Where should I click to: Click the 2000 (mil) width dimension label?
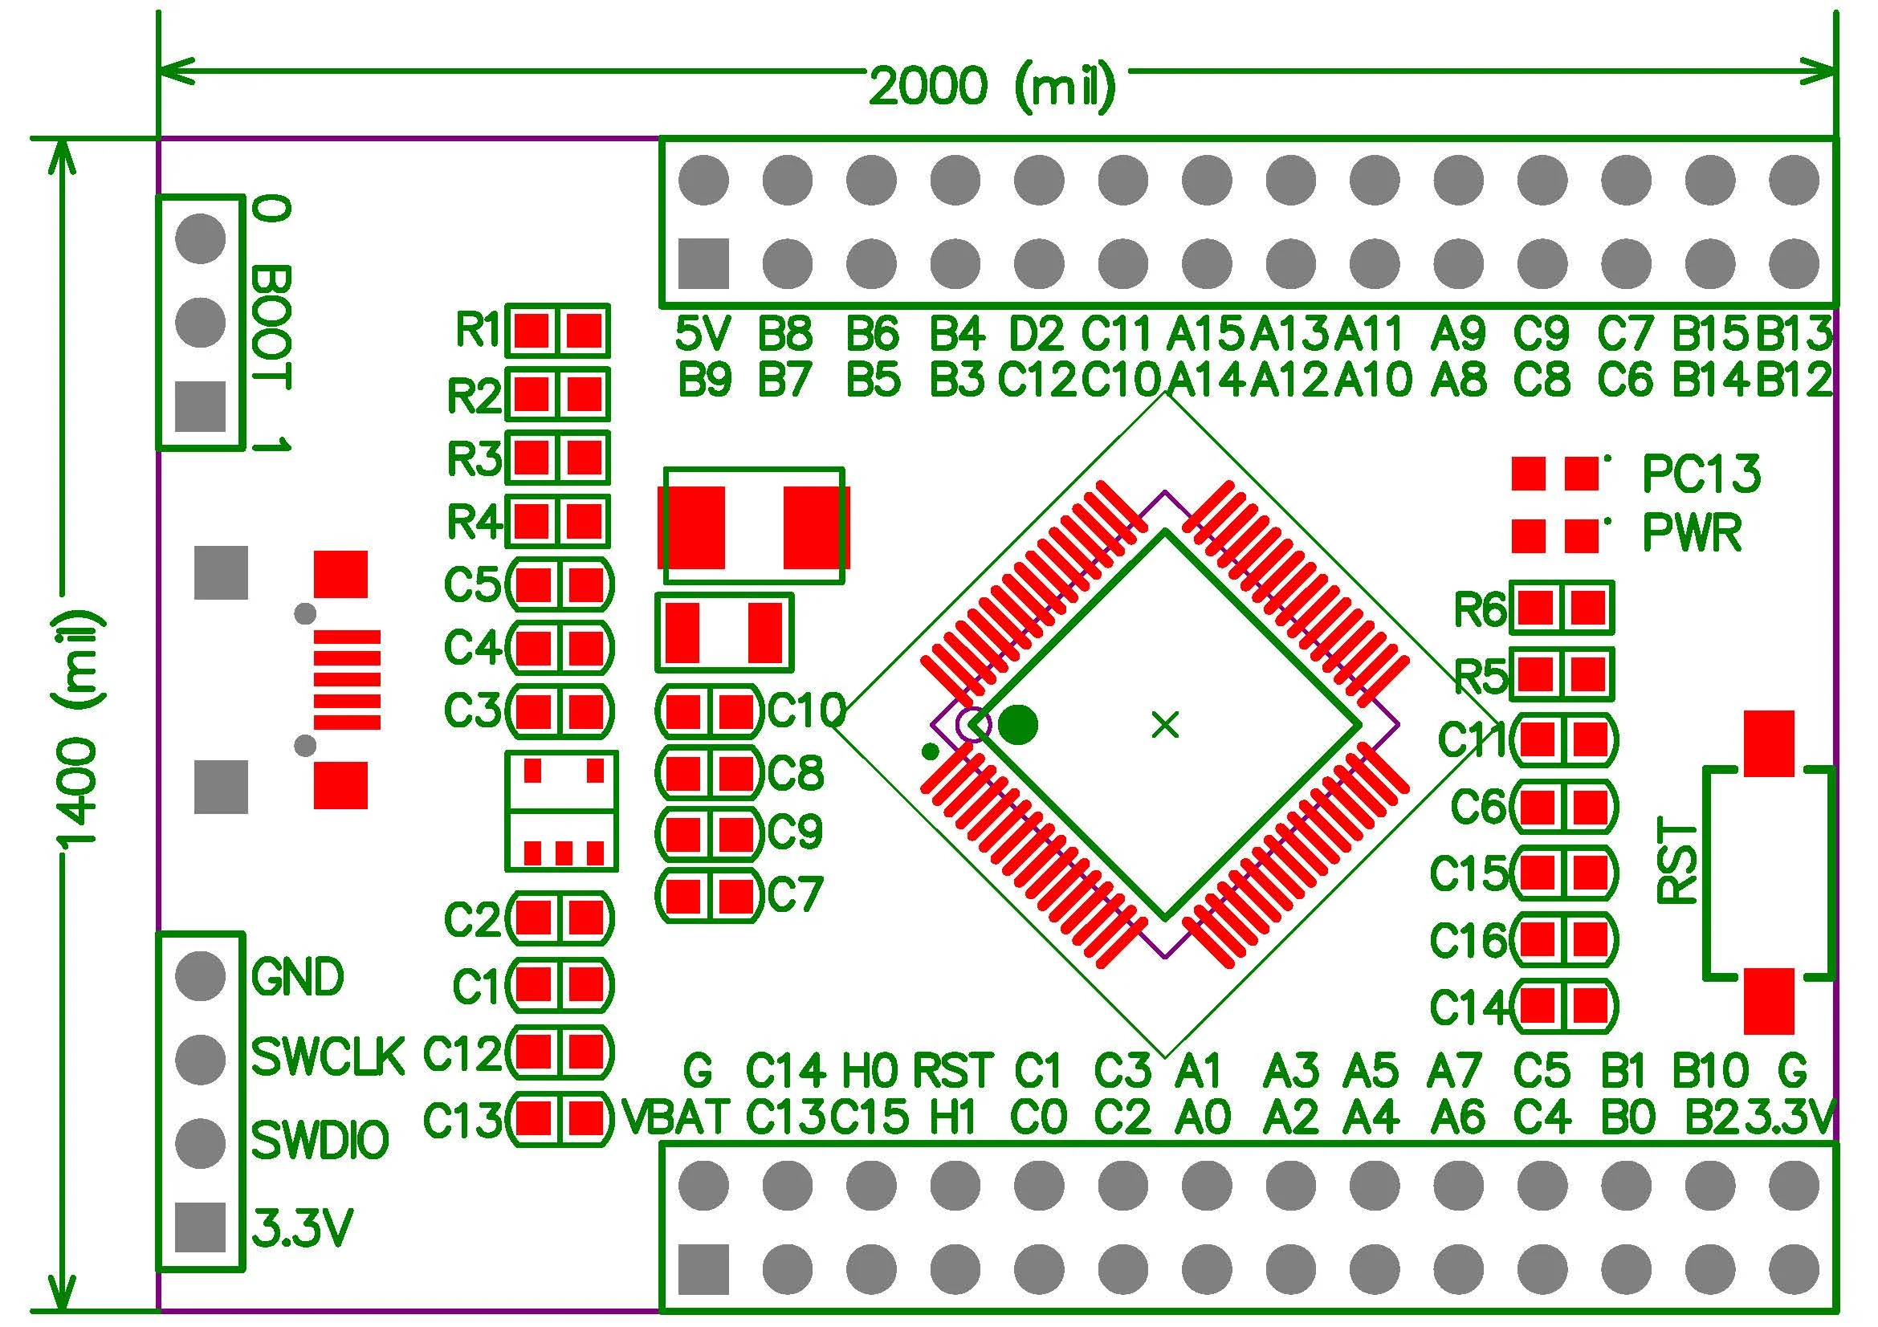[x=992, y=87]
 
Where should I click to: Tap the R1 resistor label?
[x=478, y=330]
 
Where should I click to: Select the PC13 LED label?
[x=1701, y=474]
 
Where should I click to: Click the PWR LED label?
[x=1692, y=534]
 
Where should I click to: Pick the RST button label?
[x=1677, y=864]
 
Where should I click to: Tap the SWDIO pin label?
[x=320, y=1140]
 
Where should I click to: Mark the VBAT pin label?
[x=674, y=1116]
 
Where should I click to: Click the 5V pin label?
[x=703, y=334]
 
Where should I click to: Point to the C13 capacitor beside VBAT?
[x=560, y=1117]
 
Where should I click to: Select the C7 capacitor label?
[x=795, y=894]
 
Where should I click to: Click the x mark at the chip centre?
[x=1165, y=724]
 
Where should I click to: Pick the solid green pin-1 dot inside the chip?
[x=1018, y=724]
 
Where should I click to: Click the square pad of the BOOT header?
[x=201, y=406]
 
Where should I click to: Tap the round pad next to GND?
[x=201, y=975]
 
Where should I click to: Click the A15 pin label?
[x=1206, y=334]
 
